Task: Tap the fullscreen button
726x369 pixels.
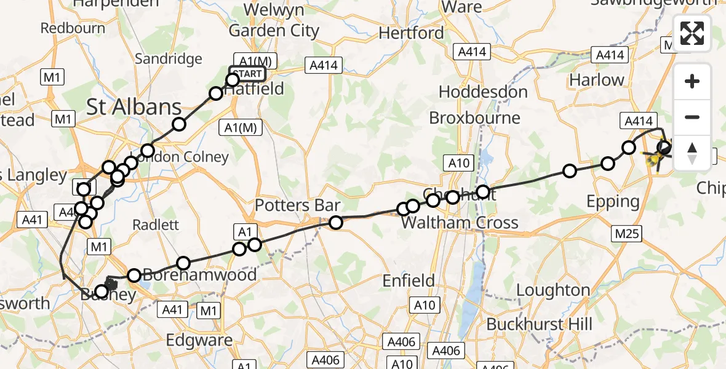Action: point(692,33)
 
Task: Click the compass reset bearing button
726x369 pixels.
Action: point(692,153)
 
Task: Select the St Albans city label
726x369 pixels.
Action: point(134,107)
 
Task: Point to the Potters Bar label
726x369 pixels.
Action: point(297,205)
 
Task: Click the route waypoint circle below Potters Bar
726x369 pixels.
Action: point(336,222)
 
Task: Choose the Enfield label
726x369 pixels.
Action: point(409,281)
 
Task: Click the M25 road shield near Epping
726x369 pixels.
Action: point(626,233)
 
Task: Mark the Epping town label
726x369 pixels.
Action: point(613,201)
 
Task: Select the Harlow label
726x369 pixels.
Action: point(596,80)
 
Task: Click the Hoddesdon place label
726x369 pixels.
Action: point(482,92)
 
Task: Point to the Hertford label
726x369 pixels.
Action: point(411,33)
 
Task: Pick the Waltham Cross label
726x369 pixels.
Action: point(460,222)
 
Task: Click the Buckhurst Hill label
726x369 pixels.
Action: point(539,323)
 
